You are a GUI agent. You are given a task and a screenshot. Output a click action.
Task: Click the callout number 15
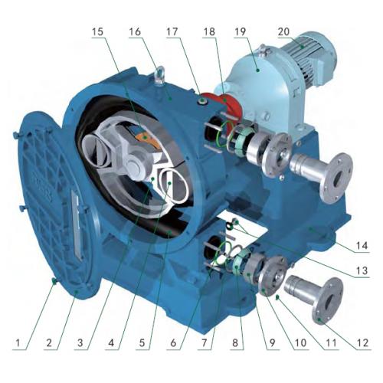pyautogui.click(x=97, y=31)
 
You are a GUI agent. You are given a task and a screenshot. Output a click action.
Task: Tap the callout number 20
pyautogui.click(x=283, y=31)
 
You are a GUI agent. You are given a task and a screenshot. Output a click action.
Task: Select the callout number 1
pyautogui.click(x=18, y=342)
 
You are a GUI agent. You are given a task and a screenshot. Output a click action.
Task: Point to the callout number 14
pyautogui.click(x=362, y=246)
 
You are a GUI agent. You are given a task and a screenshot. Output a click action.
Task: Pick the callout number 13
pyautogui.click(x=362, y=270)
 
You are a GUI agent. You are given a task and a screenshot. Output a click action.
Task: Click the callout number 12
pyautogui.click(x=363, y=342)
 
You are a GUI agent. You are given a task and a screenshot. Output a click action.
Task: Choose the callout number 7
pyautogui.click(x=204, y=342)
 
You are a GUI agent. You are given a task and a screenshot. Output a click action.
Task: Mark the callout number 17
pyautogui.click(x=172, y=31)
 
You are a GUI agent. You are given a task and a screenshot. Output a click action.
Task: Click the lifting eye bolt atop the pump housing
pyautogui.click(x=160, y=74)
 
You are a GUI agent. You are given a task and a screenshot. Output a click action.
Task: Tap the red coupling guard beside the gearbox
pyautogui.click(x=228, y=104)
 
